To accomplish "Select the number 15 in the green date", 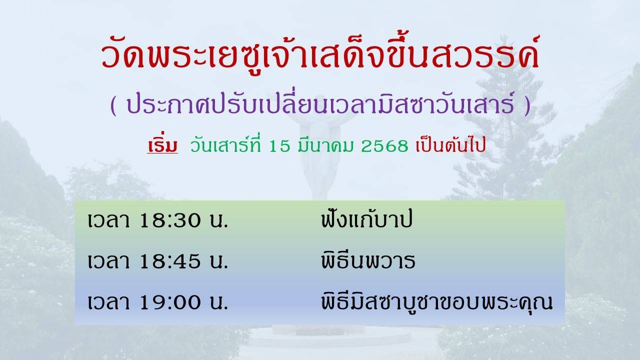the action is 279,146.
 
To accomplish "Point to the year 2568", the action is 384,146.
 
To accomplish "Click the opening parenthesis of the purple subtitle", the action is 113,105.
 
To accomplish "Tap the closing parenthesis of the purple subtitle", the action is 527,105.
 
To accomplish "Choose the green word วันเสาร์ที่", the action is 225,144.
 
